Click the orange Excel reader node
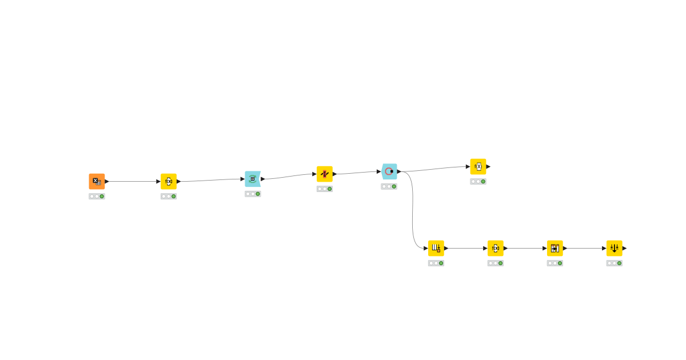click(x=97, y=181)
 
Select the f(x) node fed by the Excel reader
click(x=169, y=181)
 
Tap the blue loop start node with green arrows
click(x=253, y=179)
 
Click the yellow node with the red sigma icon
click(x=325, y=174)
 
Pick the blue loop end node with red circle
click(x=389, y=171)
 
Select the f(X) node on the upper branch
click(x=478, y=166)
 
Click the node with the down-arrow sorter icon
click(x=615, y=248)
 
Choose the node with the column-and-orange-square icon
click(x=436, y=248)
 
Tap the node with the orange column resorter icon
click(x=555, y=248)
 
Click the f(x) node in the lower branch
click(x=496, y=248)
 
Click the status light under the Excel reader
click(x=97, y=196)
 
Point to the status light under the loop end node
click(x=389, y=186)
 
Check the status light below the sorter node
click(x=615, y=263)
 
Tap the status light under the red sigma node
click(x=325, y=189)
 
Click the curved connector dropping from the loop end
click(x=413, y=211)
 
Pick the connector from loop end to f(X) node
click(x=434, y=169)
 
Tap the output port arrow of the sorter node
click(x=625, y=248)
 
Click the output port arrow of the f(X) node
click(x=488, y=166)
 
